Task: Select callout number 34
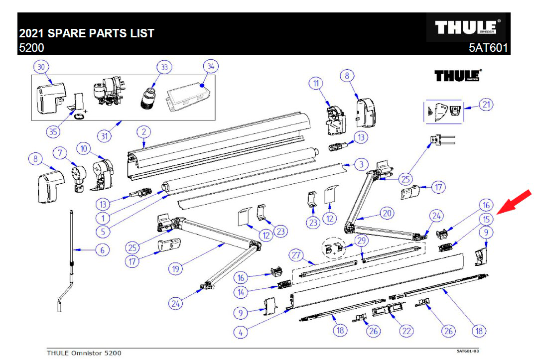pyautogui.click(x=211, y=67)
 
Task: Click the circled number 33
pyautogui.click(x=163, y=67)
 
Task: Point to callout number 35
pyautogui.click(x=53, y=132)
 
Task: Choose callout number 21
pyautogui.click(x=486, y=105)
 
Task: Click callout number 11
pyautogui.click(x=316, y=83)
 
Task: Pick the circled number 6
pyautogui.click(x=102, y=249)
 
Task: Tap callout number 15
pyautogui.click(x=486, y=218)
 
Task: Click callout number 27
pyautogui.click(x=297, y=255)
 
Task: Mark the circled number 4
pyautogui.click(x=240, y=332)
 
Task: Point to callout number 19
pyautogui.click(x=175, y=268)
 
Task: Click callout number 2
pyautogui.click(x=143, y=132)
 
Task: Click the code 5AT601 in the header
pyautogui.click(x=488, y=48)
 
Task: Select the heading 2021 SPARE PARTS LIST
pyautogui.click(x=87, y=34)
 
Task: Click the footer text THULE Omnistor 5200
pyautogui.click(x=84, y=353)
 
